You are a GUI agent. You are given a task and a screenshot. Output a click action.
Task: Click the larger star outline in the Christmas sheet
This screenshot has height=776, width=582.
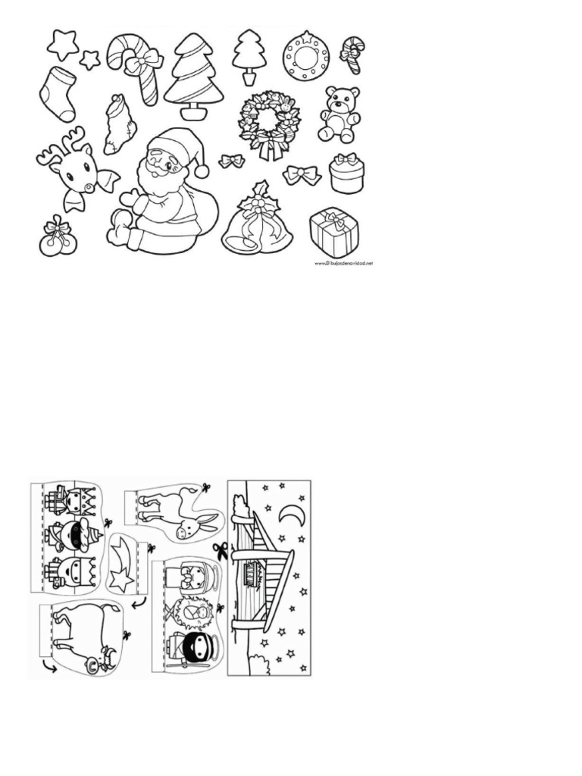(x=62, y=44)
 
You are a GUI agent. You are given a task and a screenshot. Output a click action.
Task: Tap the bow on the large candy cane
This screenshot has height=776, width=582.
(x=144, y=61)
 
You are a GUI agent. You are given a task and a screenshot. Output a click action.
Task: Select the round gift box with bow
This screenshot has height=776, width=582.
(x=346, y=174)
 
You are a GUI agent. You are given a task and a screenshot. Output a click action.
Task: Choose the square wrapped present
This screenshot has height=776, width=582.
(x=334, y=233)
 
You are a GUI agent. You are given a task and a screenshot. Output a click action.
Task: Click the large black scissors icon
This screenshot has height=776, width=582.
(x=220, y=550)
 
